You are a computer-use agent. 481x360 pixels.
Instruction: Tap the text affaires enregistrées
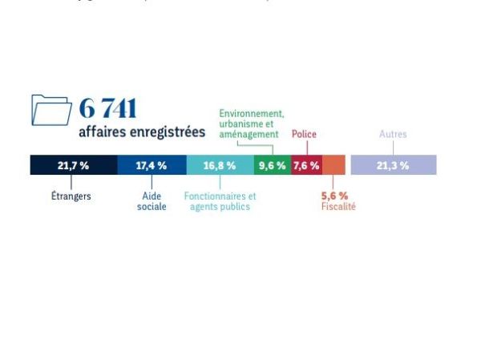[142, 131]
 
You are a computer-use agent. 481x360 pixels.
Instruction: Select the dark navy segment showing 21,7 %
[74, 165]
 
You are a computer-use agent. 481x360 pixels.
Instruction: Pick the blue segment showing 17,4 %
[152, 165]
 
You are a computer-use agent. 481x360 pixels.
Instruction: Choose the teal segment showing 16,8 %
[220, 165]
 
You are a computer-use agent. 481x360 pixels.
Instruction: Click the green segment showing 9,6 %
[272, 165]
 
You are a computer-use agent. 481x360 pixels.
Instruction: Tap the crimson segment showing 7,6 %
[306, 165]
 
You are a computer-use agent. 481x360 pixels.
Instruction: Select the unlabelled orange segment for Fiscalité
[333, 165]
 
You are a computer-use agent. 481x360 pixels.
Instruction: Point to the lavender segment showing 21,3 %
[394, 165]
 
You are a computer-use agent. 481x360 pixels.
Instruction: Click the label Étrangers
[71, 196]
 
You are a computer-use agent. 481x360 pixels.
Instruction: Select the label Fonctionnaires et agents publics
[220, 201]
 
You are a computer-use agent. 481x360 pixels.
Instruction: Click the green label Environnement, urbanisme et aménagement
[251, 124]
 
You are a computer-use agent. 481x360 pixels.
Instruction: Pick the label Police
[304, 135]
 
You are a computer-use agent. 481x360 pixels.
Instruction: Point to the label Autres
[393, 135]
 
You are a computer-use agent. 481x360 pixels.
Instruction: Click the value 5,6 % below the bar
[334, 196]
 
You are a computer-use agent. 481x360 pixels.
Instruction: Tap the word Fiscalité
[338, 207]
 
